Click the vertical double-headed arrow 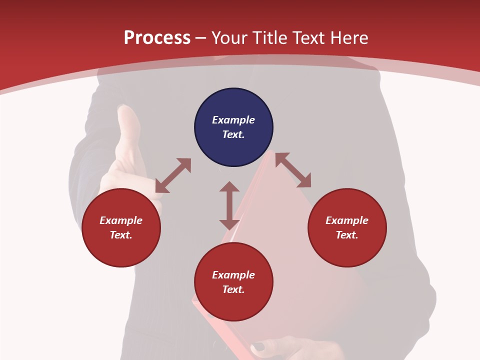click(229, 205)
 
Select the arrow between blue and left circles click(173, 175)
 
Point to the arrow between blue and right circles click(293, 170)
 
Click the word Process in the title click(157, 37)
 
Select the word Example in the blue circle click(233, 120)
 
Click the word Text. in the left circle click(121, 235)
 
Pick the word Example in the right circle click(347, 220)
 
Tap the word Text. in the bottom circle click(233, 289)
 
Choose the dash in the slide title click(201, 38)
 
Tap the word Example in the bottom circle click(233, 275)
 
